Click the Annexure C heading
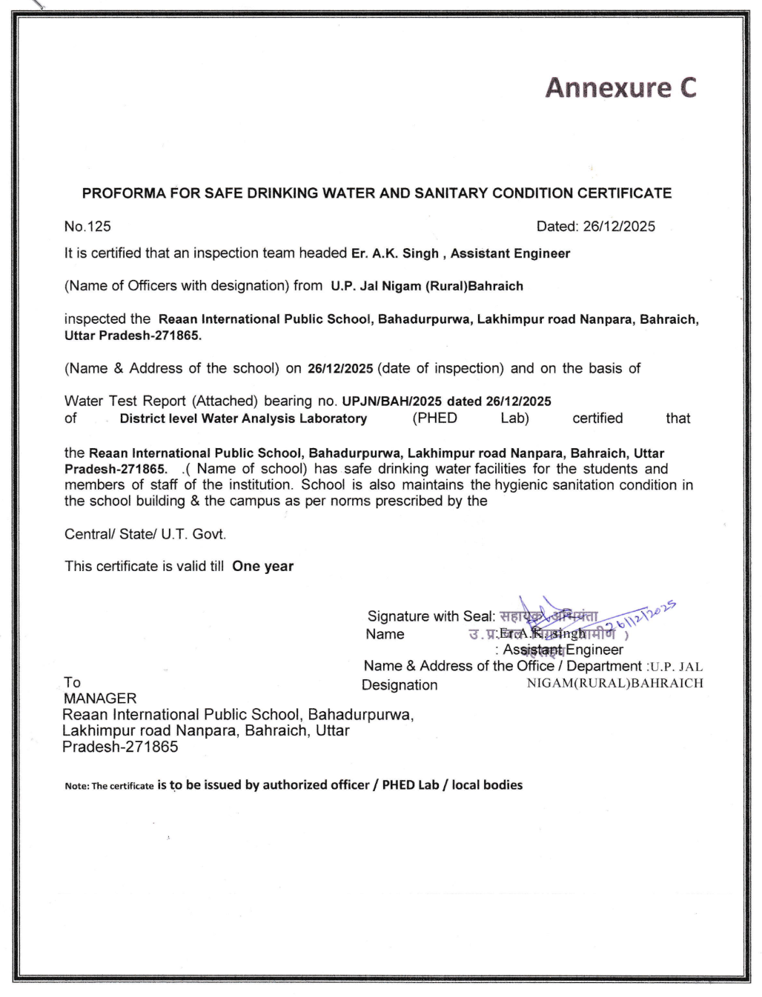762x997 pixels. [x=620, y=87]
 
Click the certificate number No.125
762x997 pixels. [x=87, y=227]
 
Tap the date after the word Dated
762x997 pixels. [x=619, y=227]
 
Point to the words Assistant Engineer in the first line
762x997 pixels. [x=510, y=253]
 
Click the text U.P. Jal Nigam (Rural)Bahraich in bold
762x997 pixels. [x=427, y=286]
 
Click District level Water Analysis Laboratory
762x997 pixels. [x=243, y=419]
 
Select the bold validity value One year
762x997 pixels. [x=262, y=567]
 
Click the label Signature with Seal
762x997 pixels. [x=431, y=616]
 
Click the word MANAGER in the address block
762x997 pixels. [x=100, y=698]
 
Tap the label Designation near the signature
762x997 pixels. [x=400, y=685]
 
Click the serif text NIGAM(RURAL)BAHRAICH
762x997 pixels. [x=614, y=683]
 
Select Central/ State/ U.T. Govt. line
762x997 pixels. [x=145, y=534]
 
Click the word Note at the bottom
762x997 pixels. [x=76, y=786]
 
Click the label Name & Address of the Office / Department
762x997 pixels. [x=503, y=666]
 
